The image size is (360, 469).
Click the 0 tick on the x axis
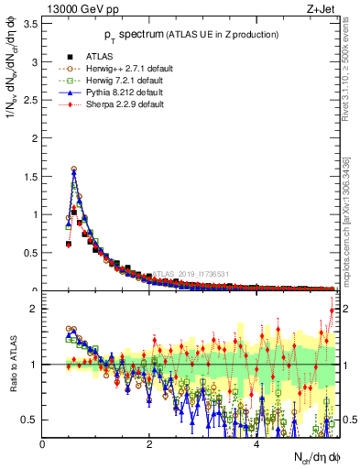(x=43, y=444)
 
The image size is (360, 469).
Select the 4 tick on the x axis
(x=256, y=444)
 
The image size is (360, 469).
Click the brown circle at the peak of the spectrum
(x=74, y=169)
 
